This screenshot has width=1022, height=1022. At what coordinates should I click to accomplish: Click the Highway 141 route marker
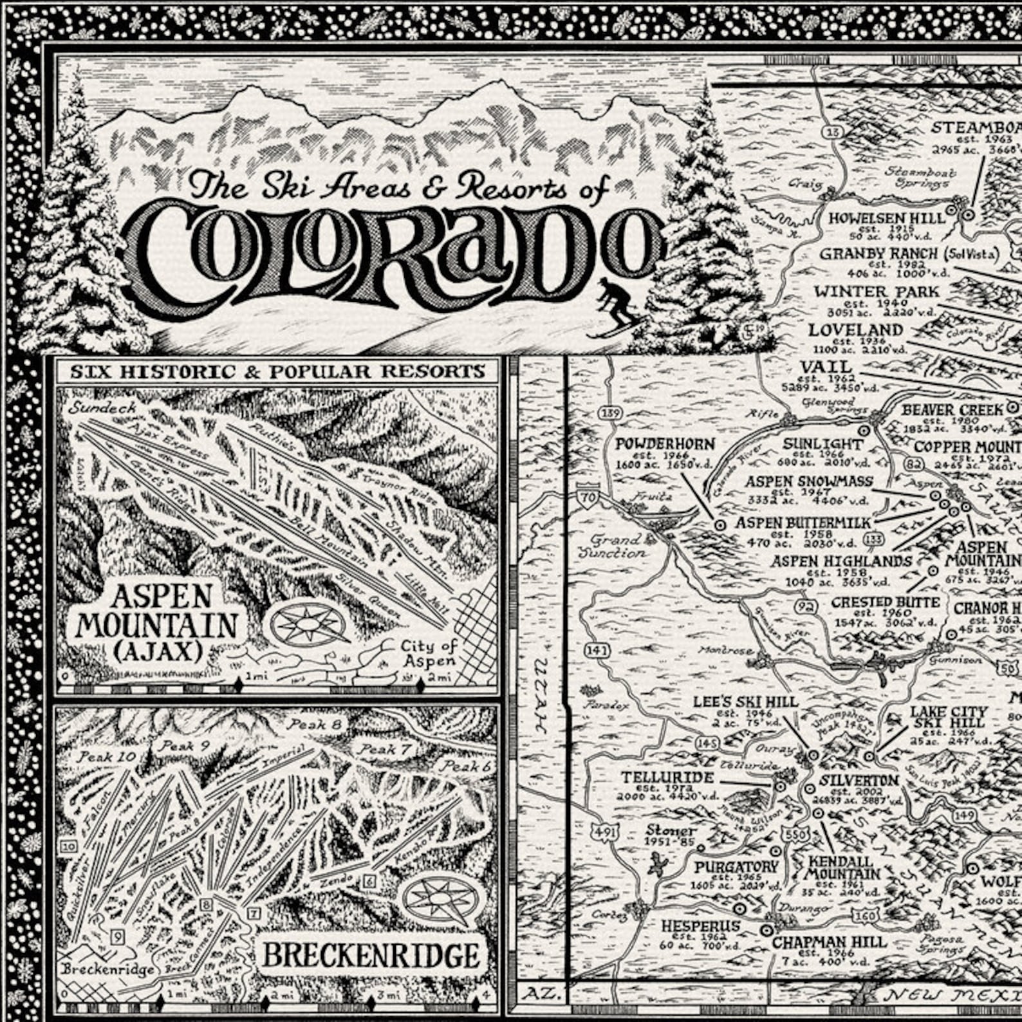[x=597, y=651]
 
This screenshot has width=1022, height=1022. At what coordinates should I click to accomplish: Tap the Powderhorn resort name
[x=665, y=444]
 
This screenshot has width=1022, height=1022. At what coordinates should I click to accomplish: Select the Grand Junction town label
[x=612, y=546]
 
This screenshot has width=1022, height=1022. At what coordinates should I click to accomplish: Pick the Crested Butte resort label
[x=886, y=603]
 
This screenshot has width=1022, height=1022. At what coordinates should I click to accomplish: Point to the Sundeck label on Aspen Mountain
[x=103, y=407]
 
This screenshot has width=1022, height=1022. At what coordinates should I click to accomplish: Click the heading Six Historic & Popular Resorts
[x=277, y=371]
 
